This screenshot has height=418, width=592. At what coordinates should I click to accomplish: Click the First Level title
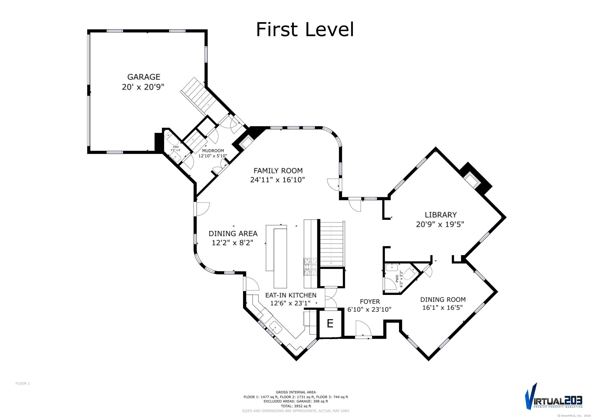[x=305, y=29]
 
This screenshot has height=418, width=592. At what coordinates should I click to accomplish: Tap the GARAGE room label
[x=144, y=77]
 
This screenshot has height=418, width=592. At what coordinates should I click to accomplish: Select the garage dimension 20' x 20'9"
[x=143, y=87]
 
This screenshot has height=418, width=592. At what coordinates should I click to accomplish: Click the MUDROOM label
[x=213, y=151]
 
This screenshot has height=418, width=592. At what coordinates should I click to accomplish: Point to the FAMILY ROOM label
[x=278, y=171]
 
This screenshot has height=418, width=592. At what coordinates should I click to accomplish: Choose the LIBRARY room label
[x=441, y=215]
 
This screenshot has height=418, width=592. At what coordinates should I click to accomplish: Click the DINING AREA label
[x=233, y=233]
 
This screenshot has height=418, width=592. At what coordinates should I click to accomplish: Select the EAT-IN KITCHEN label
[x=291, y=295]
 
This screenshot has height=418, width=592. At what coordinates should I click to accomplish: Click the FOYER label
[x=370, y=301]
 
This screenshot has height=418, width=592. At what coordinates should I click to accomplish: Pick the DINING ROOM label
[x=443, y=300]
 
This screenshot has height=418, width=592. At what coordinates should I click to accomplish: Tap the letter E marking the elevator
[x=330, y=323]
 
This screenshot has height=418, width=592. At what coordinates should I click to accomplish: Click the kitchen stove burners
[x=311, y=267]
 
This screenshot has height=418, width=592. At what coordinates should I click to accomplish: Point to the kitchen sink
[x=275, y=328]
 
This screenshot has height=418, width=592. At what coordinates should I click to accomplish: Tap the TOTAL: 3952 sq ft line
[x=296, y=406]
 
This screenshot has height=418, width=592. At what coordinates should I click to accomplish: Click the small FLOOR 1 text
[x=23, y=383]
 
